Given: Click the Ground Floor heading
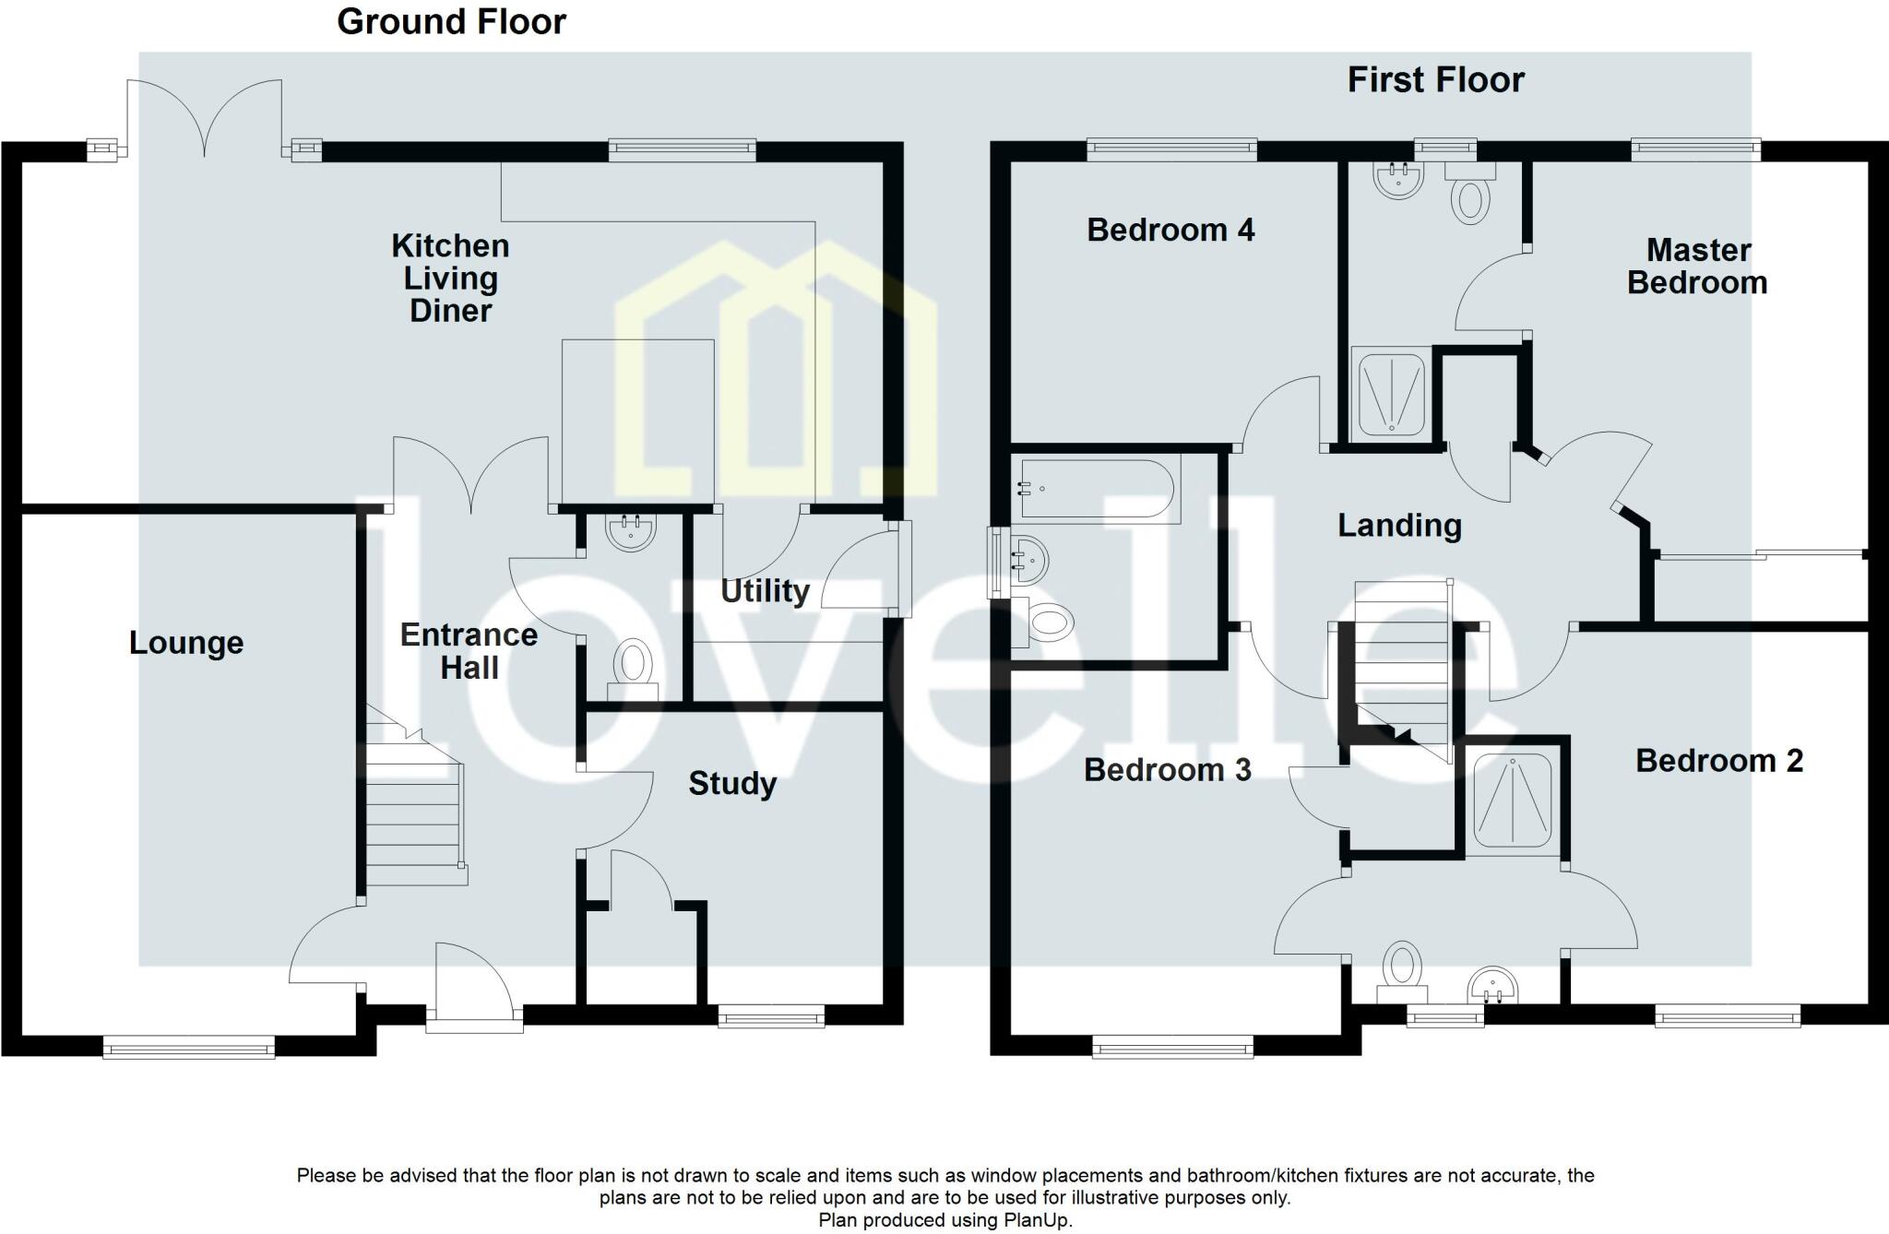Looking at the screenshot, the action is pyautogui.click(x=451, y=22).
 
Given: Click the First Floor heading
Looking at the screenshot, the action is pyautogui.click(x=1435, y=80).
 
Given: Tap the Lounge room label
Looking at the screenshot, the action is pyautogui.click(x=186, y=643).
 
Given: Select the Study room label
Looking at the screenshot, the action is pyautogui.click(x=732, y=784).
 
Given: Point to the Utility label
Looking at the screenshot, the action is pyautogui.click(x=765, y=591).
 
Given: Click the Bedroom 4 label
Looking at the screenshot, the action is pyautogui.click(x=1170, y=230).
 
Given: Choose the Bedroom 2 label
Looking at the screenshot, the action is pyautogui.click(x=1719, y=761).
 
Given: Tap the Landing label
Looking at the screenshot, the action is pyautogui.click(x=1399, y=526).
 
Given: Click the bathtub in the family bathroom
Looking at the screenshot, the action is pyautogui.click(x=1096, y=491).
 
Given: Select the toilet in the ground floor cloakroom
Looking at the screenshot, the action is pyautogui.click(x=633, y=670).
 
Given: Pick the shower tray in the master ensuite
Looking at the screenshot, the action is pyautogui.click(x=1389, y=394).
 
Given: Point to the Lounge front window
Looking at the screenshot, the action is pyautogui.click(x=189, y=1047).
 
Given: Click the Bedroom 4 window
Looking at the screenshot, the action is pyautogui.click(x=1171, y=148).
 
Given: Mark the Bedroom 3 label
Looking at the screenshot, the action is pyautogui.click(x=1168, y=770).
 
